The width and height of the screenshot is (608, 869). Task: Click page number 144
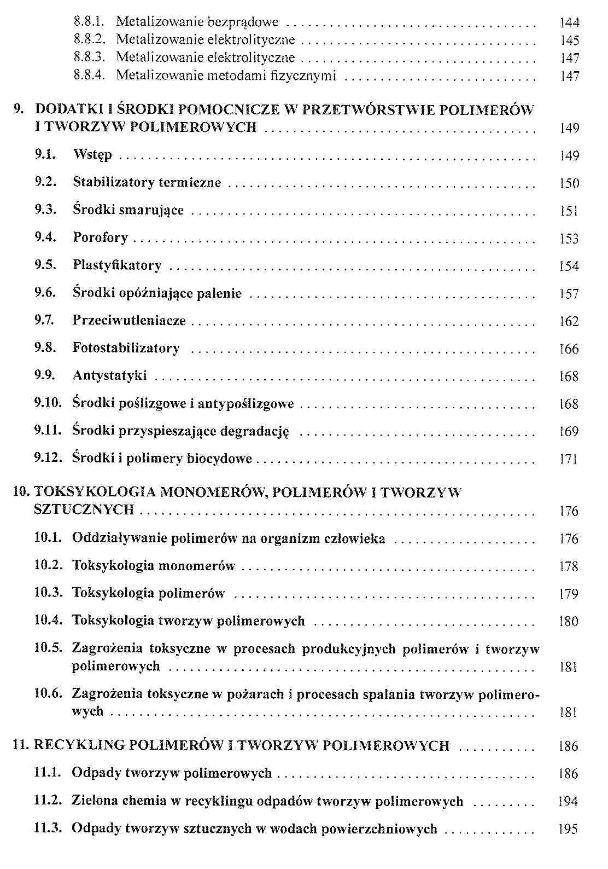[569, 23]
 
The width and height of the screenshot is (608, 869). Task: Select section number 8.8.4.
[89, 76]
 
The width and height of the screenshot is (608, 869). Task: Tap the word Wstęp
[92, 155]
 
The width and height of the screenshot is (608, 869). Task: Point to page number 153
[569, 239]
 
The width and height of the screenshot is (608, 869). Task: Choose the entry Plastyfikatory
[117, 266]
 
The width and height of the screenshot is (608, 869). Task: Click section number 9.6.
[45, 293]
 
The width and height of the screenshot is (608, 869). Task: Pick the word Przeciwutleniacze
[129, 321]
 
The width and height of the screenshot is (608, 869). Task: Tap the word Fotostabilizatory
[126, 348]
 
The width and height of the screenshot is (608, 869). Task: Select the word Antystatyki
[109, 376]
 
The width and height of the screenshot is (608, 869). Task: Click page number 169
[569, 432]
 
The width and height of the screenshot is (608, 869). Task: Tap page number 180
[569, 622]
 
